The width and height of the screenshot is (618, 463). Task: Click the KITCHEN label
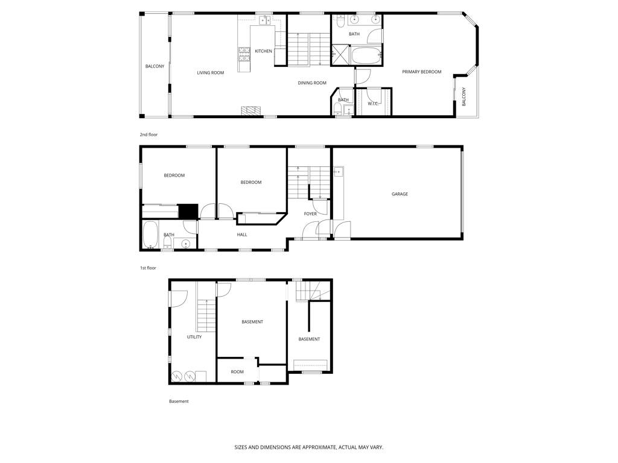click(263, 51)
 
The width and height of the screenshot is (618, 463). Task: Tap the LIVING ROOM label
click(211, 73)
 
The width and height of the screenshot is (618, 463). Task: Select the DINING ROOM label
click(312, 83)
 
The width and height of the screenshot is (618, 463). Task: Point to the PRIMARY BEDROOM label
click(422, 72)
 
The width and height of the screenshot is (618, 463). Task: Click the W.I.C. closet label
click(373, 104)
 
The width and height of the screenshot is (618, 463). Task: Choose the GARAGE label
click(400, 194)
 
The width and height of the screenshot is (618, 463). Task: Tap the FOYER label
click(310, 214)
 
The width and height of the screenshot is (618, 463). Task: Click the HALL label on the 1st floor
click(242, 235)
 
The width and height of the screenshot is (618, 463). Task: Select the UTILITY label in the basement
click(194, 337)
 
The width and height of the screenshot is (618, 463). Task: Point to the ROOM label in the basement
click(237, 371)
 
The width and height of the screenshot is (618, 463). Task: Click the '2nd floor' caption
click(148, 134)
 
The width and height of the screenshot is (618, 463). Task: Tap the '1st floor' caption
click(148, 268)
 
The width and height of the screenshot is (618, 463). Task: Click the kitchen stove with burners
click(244, 55)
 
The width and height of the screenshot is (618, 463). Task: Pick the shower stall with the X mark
click(340, 54)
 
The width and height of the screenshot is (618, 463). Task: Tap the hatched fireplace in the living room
click(252, 111)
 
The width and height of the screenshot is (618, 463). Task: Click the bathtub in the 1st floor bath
click(150, 235)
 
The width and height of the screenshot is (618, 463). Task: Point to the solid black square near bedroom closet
click(188, 211)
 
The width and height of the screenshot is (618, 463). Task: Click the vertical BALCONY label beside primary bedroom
click(464, 96)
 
